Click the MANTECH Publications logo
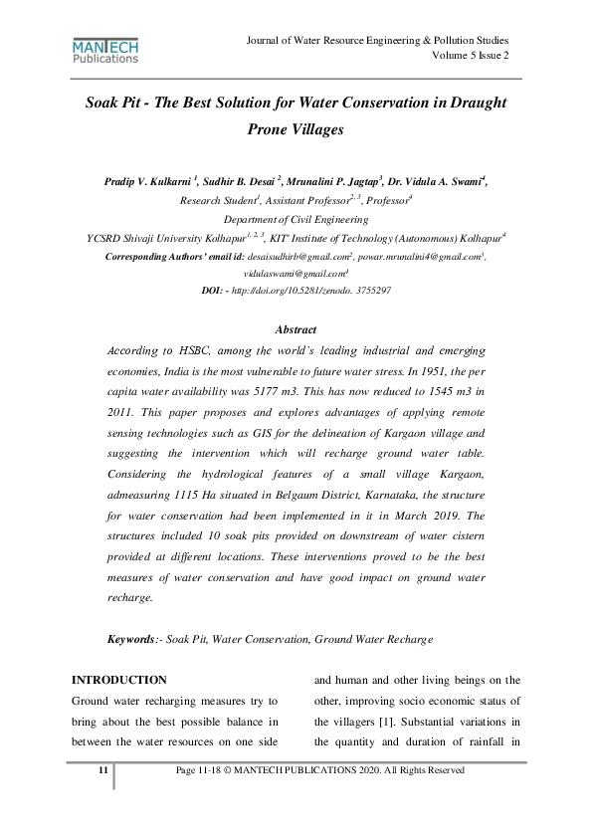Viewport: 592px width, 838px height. [x=105, y=52]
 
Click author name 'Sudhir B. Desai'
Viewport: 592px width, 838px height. [x=238, y=182]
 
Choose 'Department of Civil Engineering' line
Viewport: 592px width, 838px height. [x=296, y=218]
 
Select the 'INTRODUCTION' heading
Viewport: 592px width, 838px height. [x=119, y=680]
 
